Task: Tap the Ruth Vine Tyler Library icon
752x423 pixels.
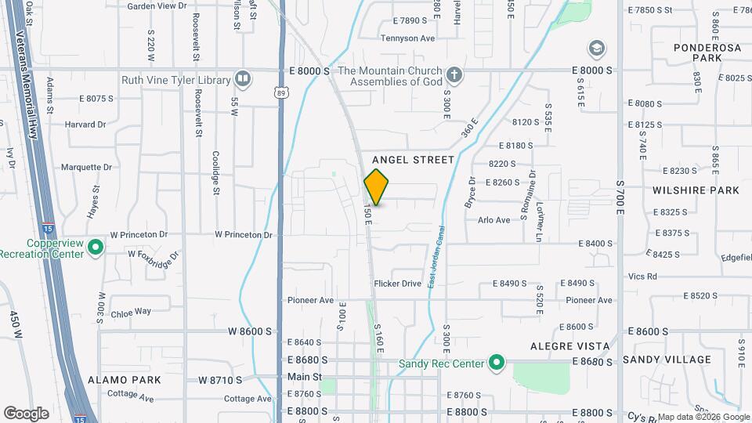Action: coord(243,79)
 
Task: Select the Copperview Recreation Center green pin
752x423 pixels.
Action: coord(96,248)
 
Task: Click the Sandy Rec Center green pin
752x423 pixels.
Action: coord(496,363)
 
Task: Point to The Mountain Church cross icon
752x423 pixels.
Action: coord(453,76)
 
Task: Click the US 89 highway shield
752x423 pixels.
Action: coord(281,93)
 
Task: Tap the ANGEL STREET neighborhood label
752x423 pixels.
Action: coord(413,160)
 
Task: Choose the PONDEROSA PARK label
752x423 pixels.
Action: coord(707,52)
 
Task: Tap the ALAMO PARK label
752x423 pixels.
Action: coord(125,380)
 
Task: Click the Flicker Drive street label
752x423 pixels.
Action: coord(398,284)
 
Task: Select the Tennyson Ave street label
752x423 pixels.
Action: coord(407,38)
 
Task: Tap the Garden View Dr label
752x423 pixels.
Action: coord(157,5)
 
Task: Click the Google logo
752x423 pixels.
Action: coord(26,414)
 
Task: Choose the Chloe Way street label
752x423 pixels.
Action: coord(131,311)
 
